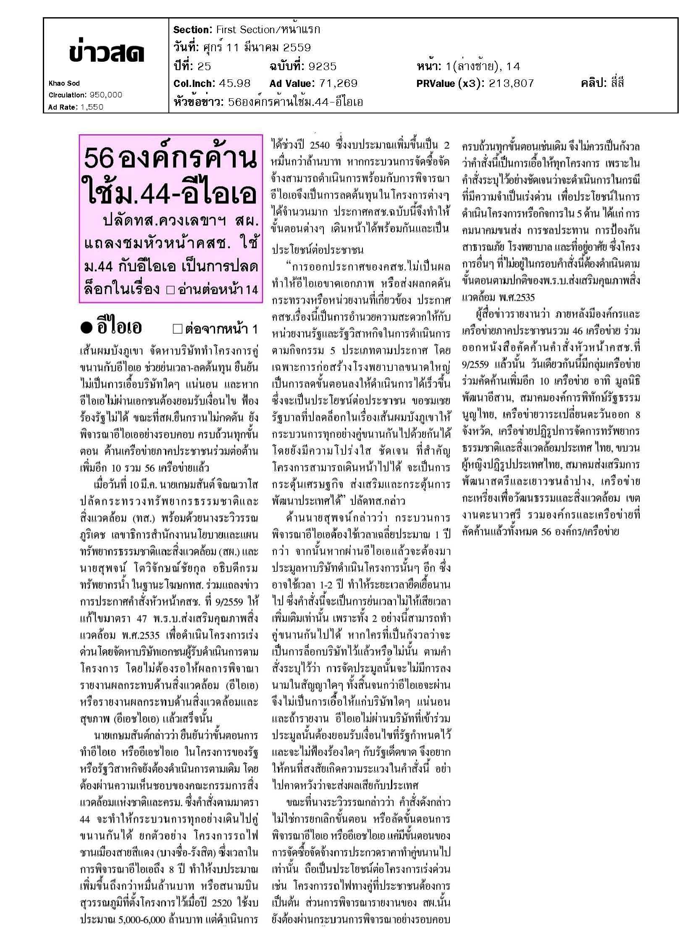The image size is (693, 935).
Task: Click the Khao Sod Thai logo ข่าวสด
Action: [x=107, y=53]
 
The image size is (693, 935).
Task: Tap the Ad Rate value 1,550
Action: [x=92, y=107]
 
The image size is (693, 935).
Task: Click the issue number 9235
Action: [x=322, y=66]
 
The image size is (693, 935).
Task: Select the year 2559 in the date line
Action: [x=297, y=48]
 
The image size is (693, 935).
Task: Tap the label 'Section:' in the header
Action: [x=192, y=30]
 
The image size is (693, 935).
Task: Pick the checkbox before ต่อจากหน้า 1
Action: [x=178, y=329]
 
